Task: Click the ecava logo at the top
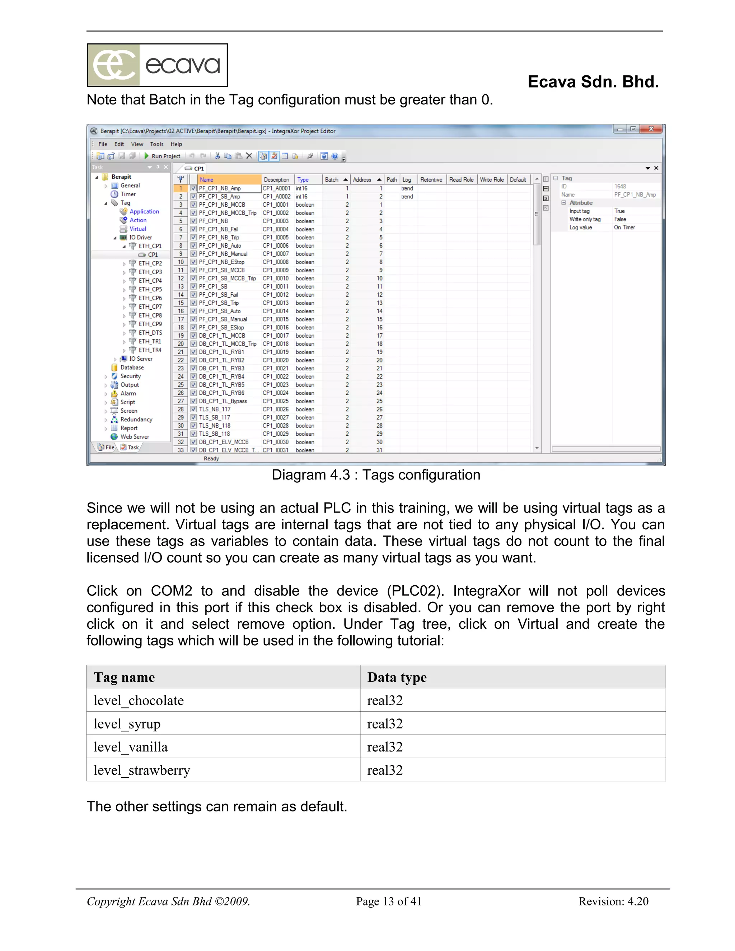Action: click(157, 65)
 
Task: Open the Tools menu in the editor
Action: click(156, 144)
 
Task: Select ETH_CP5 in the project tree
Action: click(150, 289)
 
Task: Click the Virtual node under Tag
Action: click(137, 229)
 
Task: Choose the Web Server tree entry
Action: click(134, 437)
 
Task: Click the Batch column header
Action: click(332, 179)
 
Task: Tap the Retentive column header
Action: click(431, 179)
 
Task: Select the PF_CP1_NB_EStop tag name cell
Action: click(222, 262)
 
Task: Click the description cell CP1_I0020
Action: click(276, 360)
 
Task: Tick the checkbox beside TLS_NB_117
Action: click(193, 409)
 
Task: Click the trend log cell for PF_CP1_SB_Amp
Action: click(407, 196)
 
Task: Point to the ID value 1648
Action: click(620, 186)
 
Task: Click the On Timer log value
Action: click(624, 227)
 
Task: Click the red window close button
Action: click(651, 129)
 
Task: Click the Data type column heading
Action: click(397, 677)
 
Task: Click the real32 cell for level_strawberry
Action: click(385, 770)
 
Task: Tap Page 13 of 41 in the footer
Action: click(388, 901)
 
